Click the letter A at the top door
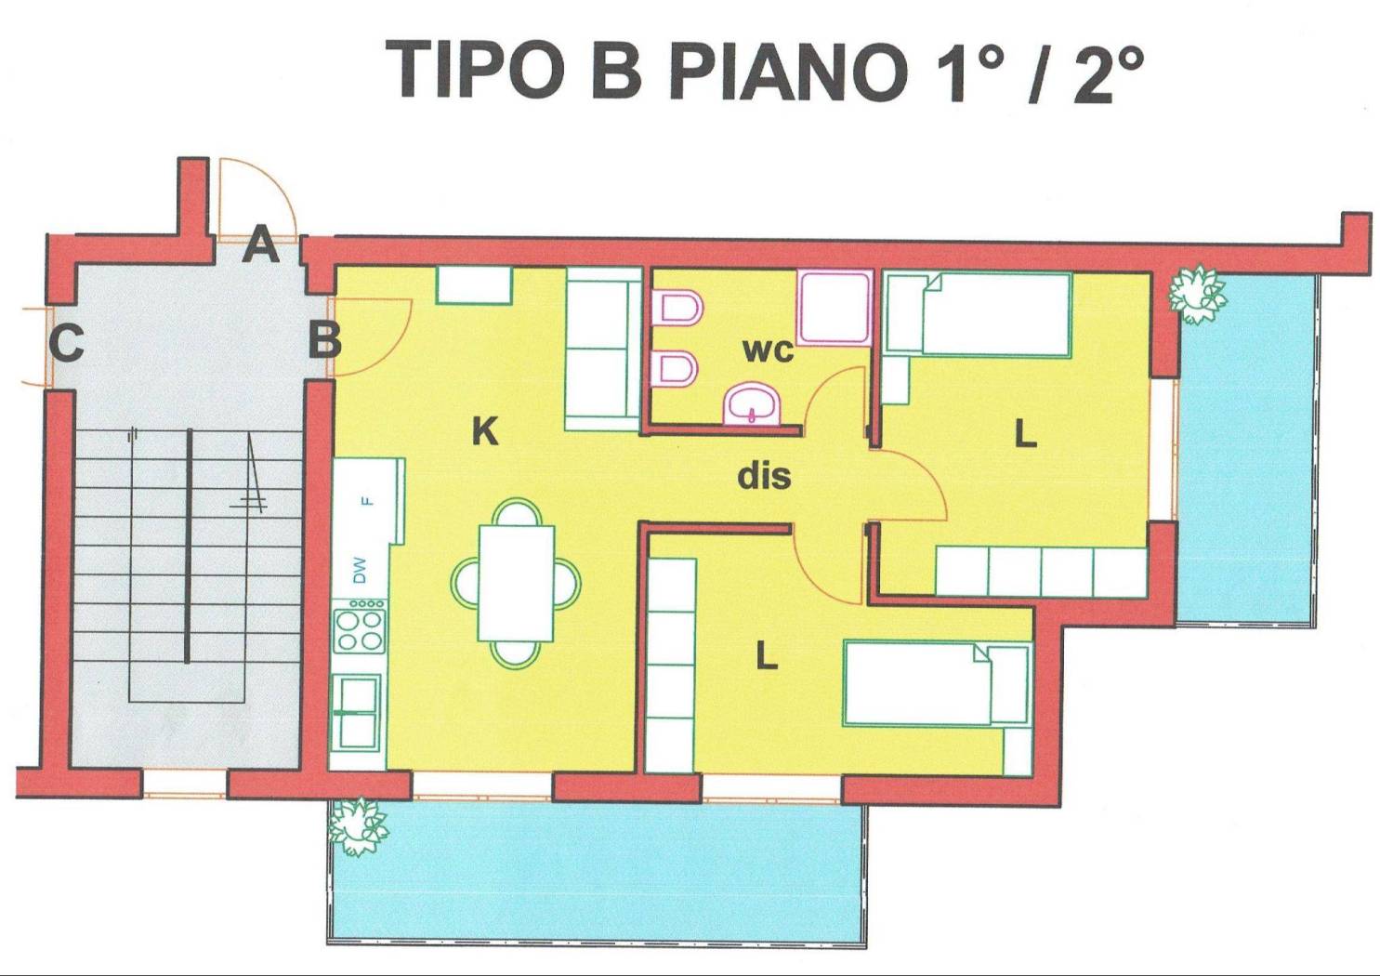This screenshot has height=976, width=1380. click(x=260, y=247)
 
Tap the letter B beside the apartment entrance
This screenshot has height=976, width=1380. click(x=324, y=340)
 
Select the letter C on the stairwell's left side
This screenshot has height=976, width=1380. click(x=66, y=343)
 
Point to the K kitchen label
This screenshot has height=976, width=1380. click(x=485, y=431)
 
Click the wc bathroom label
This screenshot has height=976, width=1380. click(x=768, y=350)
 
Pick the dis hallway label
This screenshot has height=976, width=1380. click(x=764, y=476)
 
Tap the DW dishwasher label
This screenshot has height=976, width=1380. click(x=360, y=570)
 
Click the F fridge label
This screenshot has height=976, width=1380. click(x=367, y=501)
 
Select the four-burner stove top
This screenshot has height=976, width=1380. click(x=360, y=629)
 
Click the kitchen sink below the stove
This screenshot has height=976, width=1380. click(x=358, y=712)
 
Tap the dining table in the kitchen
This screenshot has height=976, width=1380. click(x=516, y=583)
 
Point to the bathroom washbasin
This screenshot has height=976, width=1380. click(x=752, y=405)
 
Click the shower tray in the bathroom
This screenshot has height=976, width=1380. click(x=835, y=307)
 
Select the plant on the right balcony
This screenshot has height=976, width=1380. click(x=1197, y=294)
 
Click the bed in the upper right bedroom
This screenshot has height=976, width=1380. click(x=979, y=315)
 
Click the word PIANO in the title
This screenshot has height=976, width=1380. click(x=786, y=72)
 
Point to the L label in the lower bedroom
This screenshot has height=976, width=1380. click(x=766, y=657)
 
